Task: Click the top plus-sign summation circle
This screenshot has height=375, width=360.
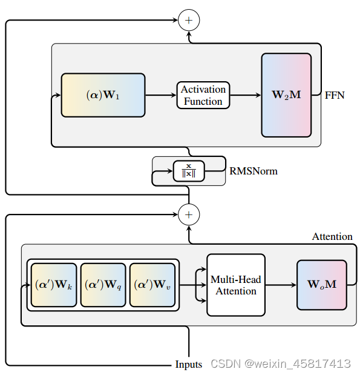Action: (x=189, y=21)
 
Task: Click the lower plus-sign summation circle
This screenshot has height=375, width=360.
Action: (x=189, y=214)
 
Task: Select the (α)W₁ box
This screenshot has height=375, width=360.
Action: (x=102, y=95)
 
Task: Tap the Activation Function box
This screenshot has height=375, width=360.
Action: (x=203, y=95)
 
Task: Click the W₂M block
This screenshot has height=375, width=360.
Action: (x=286, y=95)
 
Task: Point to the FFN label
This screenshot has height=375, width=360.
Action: (x=335, y=95)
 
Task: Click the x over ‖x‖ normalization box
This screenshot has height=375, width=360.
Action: (x=188, y=170)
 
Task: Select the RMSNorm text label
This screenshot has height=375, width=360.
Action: (x=254, y=171)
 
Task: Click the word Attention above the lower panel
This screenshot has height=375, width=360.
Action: (x=332, y=236)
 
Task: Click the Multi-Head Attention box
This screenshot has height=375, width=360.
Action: (x=236, y=285)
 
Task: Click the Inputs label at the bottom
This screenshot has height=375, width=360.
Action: (x=189, y=364)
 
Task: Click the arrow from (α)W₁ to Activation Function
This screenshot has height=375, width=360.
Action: (x=160, y=95)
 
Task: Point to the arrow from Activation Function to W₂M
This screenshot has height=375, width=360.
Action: (x=246, y=95)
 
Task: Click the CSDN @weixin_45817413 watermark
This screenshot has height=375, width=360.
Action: (x=280, y=363)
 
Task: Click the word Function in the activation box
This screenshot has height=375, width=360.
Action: (x=203, y=101)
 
